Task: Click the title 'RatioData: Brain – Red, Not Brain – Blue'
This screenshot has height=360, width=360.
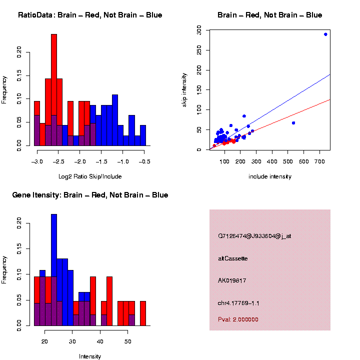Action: (x=90, y=15)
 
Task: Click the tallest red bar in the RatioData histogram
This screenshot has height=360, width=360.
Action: (x=54, y=90)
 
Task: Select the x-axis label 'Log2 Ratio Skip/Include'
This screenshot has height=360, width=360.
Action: (x=90, y=176)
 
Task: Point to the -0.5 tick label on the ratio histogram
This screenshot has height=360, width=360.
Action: (x=145, y=162)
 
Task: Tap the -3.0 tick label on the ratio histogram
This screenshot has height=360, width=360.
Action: (x=37, y=162)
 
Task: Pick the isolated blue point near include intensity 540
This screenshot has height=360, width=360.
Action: (x=293, y=123)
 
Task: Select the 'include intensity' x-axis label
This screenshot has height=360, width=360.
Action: (x=270, y=176)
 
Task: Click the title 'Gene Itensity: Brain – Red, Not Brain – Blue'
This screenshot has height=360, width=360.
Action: (x=90, y=195)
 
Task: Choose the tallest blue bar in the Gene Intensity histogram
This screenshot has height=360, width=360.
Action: (x=54, y=270)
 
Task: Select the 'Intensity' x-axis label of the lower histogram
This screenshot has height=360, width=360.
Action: (x=90, y=356)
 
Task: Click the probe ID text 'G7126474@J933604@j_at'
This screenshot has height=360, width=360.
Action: (x=254, y=236)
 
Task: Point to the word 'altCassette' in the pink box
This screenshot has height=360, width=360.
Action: (x=233, y=258)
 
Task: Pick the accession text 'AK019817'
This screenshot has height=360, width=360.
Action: (x=232, y=281)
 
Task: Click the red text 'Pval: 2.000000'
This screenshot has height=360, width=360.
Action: (x=238, y=319)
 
